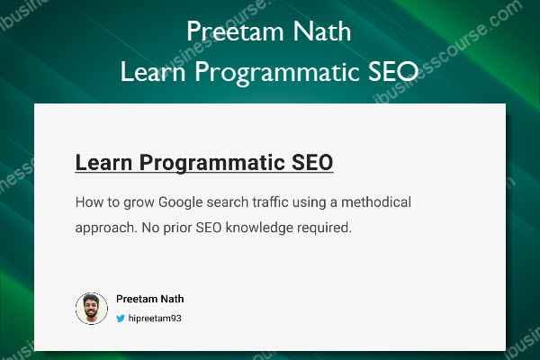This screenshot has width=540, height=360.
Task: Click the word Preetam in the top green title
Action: [x=235, y=31]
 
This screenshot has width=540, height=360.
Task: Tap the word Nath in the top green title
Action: [x=322, y=31]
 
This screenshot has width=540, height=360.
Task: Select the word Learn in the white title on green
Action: [x=153, y=71]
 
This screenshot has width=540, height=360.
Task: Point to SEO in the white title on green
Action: [x=393, y=71]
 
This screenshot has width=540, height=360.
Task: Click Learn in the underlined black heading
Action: [x=103, y=162]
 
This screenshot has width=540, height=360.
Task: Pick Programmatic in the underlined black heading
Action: [x=212, y=163]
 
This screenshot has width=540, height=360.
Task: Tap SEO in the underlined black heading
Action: [x=312, y=162]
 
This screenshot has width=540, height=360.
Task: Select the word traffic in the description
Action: [x=270, y=202]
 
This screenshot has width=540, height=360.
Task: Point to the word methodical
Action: [x=376, y=202]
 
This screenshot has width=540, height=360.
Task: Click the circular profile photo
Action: [x=92, y=309]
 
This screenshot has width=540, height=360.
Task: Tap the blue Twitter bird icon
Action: [x=121, y=319]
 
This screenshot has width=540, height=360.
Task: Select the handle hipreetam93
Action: [x=155, y=319]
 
